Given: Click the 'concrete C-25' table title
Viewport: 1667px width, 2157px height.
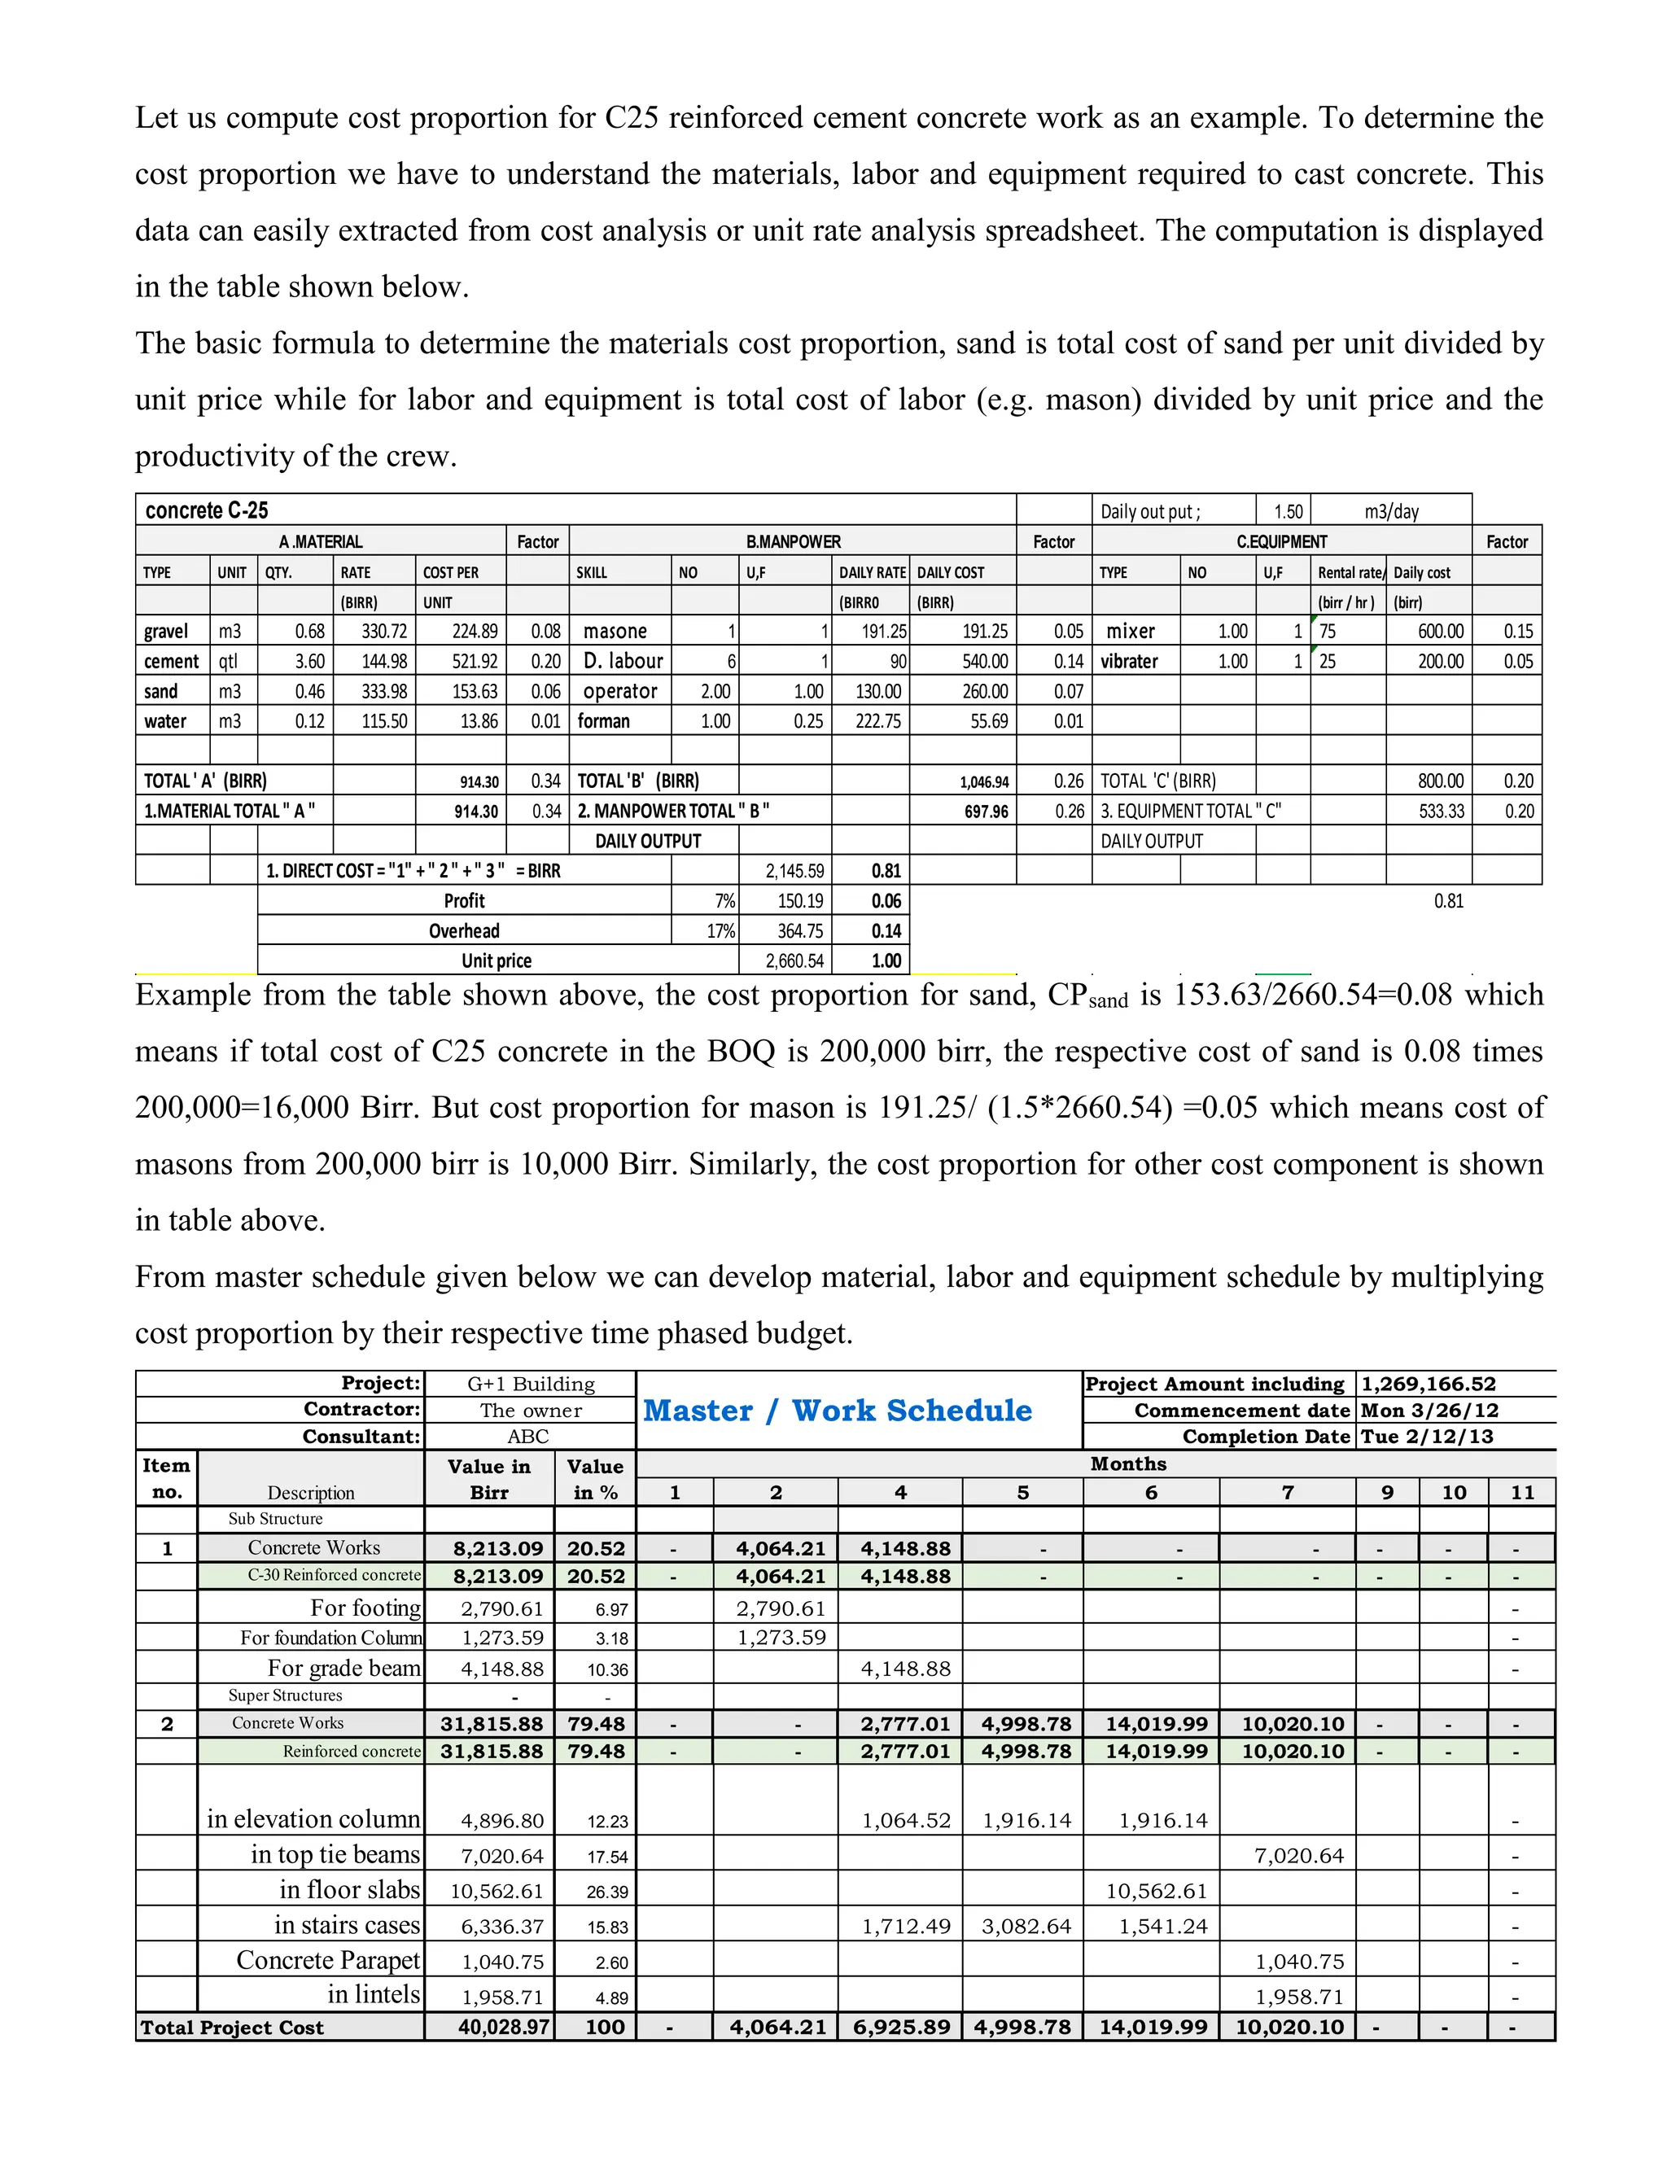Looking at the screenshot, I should (207, 510).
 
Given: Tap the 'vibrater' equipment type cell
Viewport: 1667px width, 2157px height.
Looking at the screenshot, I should (1129, 661).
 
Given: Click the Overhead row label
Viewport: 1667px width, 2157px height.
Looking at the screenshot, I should (463, 930).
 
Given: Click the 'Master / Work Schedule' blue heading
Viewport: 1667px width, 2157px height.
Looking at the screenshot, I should (838, 1411).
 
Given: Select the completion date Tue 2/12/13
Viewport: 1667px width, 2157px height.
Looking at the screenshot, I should (1427, 1436).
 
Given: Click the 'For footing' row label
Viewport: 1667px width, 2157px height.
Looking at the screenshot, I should (365, 1608).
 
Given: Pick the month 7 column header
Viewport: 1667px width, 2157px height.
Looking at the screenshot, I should (1287, 1492).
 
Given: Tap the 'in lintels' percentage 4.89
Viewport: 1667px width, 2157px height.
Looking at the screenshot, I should (611, 1997).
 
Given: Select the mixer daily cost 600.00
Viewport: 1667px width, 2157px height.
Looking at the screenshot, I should (1440, 631).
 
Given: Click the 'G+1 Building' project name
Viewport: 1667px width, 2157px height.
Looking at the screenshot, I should (531, 1384).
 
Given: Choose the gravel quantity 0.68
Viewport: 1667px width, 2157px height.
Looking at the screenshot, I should (309, 631).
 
